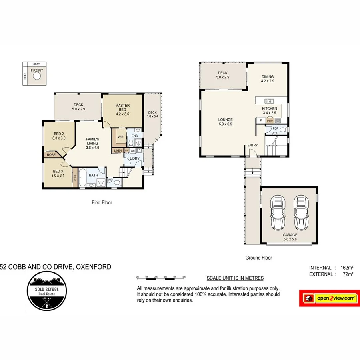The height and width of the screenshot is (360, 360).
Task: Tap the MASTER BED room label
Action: (122, 108)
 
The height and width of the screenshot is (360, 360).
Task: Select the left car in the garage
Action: (278, 212)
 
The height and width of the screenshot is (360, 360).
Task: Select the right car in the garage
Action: (301, 212)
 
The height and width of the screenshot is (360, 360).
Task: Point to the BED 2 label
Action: (58, 136)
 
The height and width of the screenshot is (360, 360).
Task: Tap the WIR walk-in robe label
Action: (120, 137)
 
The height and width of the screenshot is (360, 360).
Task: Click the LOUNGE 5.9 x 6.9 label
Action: (225, 122)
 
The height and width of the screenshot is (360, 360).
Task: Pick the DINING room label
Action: (268, 79)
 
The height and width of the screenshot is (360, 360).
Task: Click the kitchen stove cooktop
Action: (278, 120)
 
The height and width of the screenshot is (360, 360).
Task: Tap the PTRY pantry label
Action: (270, 120)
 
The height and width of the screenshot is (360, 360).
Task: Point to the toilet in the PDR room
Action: (282, 130)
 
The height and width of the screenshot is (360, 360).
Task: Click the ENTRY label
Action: (252, 145)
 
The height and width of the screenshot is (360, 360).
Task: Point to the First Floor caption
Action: (102, 203)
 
